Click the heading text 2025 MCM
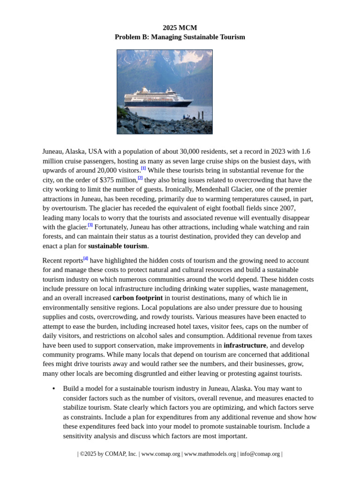180,28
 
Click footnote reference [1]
143,168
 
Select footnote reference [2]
140,178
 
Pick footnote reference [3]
90,225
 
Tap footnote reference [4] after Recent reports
86,258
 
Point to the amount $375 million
118,180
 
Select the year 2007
287,208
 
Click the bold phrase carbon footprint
138,298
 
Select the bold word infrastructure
245,345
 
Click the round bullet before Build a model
54,389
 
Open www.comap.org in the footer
160,454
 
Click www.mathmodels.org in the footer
210,454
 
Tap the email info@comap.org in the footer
260,454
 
